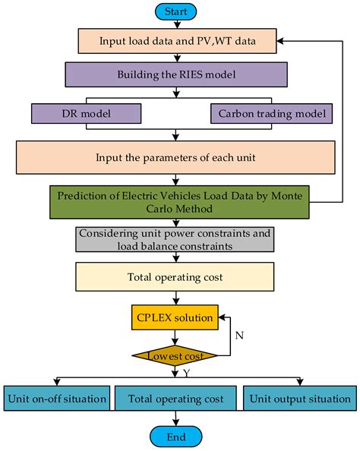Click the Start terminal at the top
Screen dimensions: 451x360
coord(176,11)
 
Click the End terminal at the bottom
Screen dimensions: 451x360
coord(176,438)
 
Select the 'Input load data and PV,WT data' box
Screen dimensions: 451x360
coord(176,41)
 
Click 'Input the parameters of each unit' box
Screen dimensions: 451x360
coord(176,156)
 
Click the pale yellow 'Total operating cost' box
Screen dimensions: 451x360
coord(176,277)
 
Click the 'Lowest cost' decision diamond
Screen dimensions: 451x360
coord(176,355)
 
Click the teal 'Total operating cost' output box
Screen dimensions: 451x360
coord(176,398)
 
